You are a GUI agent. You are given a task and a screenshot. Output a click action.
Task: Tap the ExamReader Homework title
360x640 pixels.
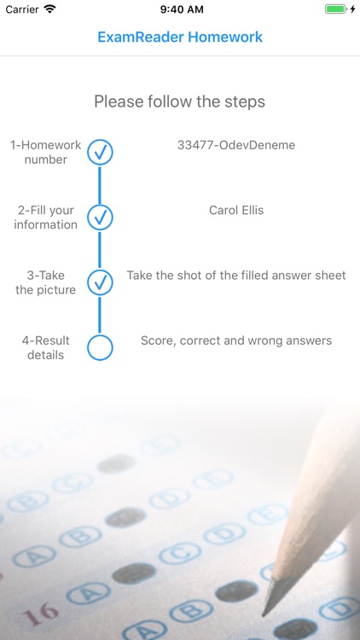pos(180,38)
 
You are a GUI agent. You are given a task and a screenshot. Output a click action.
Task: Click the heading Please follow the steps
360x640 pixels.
pos(180,102)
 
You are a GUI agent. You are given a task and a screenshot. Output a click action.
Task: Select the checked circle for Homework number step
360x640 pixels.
pos(100,153)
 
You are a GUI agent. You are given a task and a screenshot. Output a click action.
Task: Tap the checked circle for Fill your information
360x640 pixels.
pos(100,218)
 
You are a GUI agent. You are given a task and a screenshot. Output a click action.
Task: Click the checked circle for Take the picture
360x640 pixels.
pos(100,282)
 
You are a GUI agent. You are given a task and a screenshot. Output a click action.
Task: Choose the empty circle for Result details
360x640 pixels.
pos(100,347)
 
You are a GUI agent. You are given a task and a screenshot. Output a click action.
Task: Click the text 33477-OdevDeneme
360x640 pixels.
pos(236,145)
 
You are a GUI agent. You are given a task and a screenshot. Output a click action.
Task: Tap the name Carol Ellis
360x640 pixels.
pos(236,210)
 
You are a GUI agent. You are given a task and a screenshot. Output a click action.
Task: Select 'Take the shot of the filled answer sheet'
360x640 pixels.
pos(236,276)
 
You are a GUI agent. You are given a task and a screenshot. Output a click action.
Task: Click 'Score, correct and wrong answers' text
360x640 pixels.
pos(236,340)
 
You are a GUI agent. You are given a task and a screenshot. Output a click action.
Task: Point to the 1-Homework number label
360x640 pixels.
pos(46,152)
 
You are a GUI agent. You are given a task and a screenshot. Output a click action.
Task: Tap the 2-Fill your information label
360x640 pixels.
pos(46,218)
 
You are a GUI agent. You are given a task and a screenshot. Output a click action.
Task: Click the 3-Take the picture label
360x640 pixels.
pos(46,282)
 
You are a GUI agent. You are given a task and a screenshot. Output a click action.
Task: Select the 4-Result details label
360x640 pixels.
pos(46,347)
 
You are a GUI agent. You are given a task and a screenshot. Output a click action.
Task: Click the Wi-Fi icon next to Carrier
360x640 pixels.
pos(49,9)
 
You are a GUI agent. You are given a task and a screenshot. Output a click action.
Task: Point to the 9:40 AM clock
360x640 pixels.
pos(180,9)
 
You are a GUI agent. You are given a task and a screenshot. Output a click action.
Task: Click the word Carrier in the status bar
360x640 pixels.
pos(22,9)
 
